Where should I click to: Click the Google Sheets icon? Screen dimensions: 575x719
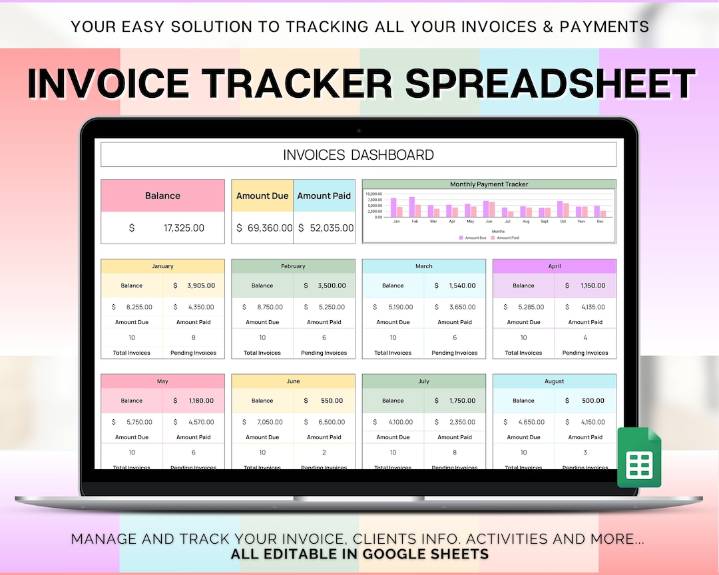pyautogui.click(x=639, y=457)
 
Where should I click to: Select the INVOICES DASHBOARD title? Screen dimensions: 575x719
pyautogui.click(x=358, y=155)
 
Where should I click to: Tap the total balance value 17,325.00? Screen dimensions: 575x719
pyautogui.click(x=184, y=228)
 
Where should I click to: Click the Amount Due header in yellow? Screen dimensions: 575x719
pyautogui.click(x=262, y=196)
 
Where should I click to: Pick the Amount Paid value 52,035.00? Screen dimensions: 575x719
pyautogui.click(x=331, y=228)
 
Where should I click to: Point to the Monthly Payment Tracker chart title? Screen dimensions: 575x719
pyautogui.click(x=489, y=184)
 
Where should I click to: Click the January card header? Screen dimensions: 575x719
pyautogui.click(x=162, y=266)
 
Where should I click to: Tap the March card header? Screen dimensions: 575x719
pyautogui.click(x=423, y=266)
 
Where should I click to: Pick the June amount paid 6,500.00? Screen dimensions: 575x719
pyautogui.click(x=331, y=422)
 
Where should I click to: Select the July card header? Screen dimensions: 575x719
pyautogui.click(x=423, y=381)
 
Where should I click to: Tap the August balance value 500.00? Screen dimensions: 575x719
pyautogui.click(x=592, y=401)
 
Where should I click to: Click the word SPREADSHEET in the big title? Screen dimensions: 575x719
pyautogui.click(x=550, y=85)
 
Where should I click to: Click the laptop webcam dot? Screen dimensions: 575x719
pyautogui.click(x=359, y=130)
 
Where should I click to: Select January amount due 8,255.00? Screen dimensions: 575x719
pyautogui.click(x=138, y=307)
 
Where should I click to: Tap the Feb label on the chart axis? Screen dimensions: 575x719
pyautogui.click(x=415, y=221)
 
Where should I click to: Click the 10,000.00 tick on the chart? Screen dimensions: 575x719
pyautogui.click(x=373, y=194)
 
